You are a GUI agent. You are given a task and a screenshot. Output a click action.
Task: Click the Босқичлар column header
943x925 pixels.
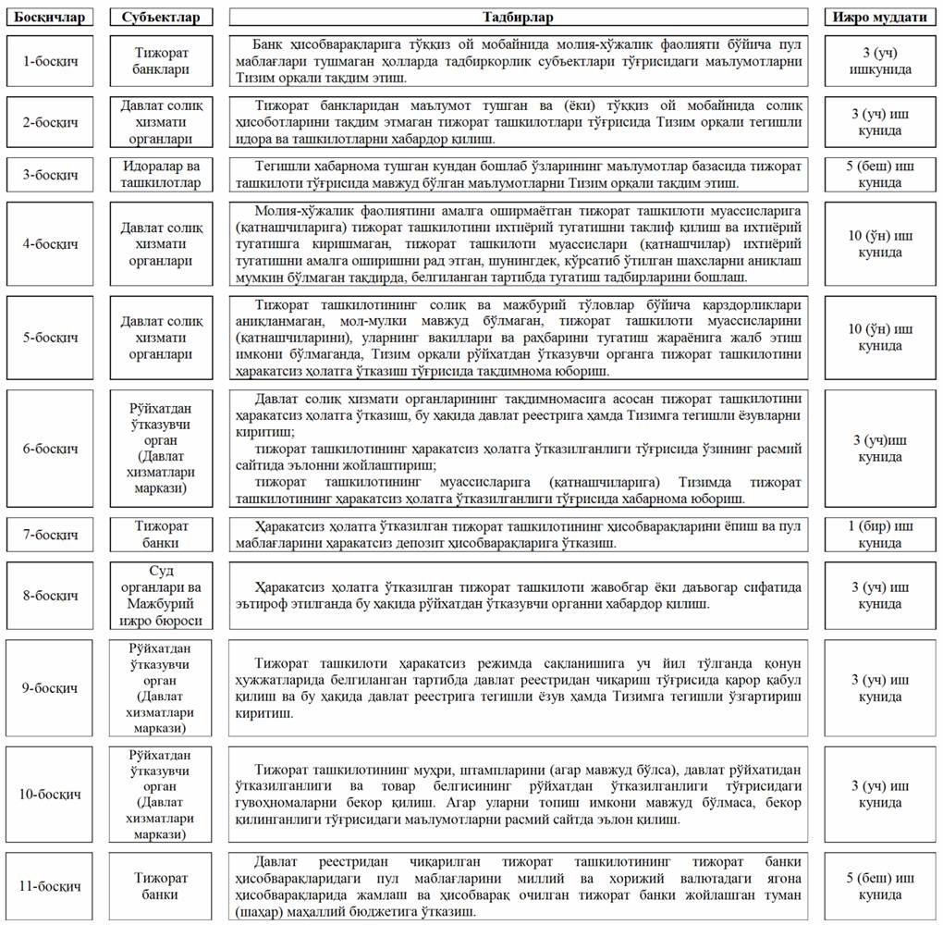[x=50, y=17]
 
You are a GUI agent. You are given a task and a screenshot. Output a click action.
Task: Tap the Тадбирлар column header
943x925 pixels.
[x=518, y=17]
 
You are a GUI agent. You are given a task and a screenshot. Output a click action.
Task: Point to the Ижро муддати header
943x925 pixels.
[x=879, y=17]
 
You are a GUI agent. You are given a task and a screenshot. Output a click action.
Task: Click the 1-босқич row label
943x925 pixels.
[x=50, y=62]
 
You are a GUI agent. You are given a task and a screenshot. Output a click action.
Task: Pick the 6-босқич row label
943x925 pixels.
[x=50, y=449]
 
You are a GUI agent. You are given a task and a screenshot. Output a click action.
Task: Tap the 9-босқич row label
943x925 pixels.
[x=50, y=688]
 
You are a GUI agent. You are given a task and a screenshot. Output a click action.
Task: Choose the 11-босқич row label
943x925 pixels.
[x=50, y=886]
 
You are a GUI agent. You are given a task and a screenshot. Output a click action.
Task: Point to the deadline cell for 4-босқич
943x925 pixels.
[x=879, y=244]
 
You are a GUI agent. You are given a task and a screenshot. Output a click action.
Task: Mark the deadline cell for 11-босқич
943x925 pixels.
[x=879, y=886]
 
